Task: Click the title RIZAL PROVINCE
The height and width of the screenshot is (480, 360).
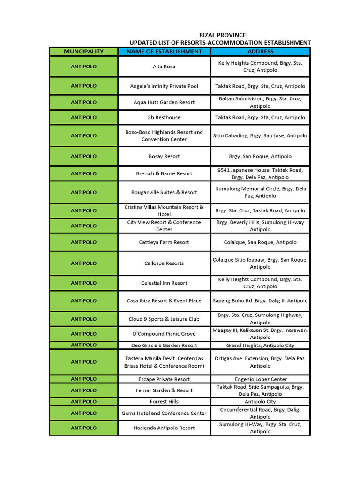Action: (222, 35)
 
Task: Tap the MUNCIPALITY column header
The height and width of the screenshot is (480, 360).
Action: (83, 52)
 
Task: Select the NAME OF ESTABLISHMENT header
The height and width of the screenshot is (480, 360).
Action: (164, 52)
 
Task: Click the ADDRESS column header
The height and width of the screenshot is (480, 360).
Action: (260, 52)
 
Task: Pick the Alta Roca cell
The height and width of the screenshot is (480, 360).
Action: (164, 67)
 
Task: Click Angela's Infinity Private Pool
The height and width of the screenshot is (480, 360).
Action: (164, 86)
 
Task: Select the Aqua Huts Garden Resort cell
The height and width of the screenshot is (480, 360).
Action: (164, 102)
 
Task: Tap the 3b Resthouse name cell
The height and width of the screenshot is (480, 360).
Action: (164, 117)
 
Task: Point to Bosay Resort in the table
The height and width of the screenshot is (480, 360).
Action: (164, 156)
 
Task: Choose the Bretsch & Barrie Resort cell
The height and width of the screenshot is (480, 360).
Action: (164, 173)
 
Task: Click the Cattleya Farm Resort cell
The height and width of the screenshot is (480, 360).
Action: (164, 242)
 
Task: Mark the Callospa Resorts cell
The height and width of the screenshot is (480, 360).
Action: (164, 263)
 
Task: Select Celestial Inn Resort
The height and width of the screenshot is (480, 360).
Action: (164, 283)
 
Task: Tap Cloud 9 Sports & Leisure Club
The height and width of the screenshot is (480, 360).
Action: (164, 319)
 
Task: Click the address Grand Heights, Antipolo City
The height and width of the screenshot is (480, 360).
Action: (260, 345)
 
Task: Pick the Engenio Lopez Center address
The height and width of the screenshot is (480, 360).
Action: (260, 379)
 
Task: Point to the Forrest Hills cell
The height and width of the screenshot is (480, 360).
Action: (164, 402)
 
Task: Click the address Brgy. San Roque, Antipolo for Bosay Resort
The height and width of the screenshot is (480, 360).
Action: (260, 156)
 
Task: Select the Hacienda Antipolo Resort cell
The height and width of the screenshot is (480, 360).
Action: (164, 428)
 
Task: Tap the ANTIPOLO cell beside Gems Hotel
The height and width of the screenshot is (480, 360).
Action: (83, 413)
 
